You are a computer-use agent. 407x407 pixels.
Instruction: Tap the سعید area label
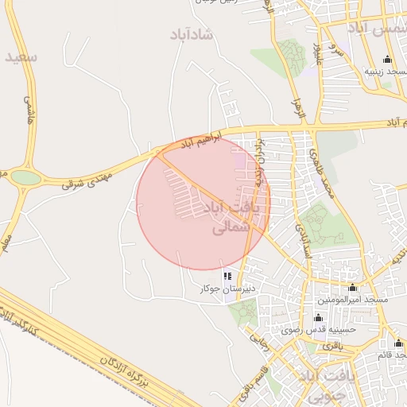[21, 58]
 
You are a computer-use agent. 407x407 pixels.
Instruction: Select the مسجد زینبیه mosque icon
[387, 59]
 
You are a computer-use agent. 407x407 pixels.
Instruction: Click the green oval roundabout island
[25, 177]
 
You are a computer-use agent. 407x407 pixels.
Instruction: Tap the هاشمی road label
[29, 110]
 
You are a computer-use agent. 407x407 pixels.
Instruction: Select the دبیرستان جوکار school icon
[228, 277]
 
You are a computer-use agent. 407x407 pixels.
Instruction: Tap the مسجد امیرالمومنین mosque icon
[353, 287]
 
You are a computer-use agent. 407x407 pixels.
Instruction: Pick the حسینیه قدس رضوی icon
[318, 316]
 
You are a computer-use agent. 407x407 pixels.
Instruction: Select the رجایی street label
[261, 343]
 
